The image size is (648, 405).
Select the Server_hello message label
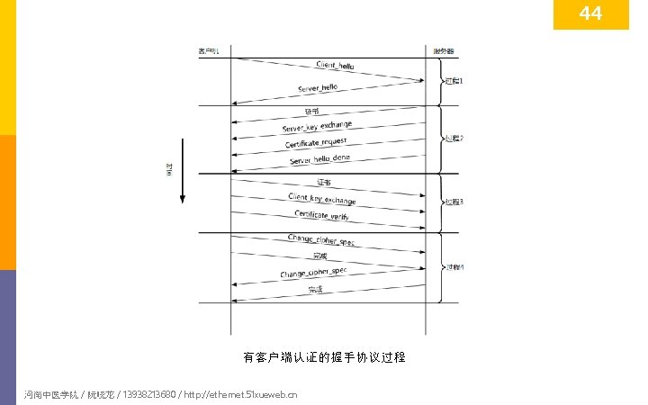tap(318, 87)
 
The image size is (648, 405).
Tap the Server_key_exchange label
tap(317, 127)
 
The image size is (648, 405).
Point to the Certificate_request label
tap(316, 143)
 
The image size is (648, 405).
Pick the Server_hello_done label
tap(319, 158)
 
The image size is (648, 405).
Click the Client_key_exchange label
tap(321, 198)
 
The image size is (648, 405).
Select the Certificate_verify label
tap(321, 216)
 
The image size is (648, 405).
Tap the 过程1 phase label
tap(454, 81)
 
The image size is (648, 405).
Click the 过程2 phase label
tap(454, 139)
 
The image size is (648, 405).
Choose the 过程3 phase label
tap(454, 202)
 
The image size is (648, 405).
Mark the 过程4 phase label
tap(454, 267)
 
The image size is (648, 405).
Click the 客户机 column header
tap(209, 50)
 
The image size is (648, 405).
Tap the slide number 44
tap(590, 14)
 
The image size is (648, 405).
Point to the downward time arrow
tap(182, 171)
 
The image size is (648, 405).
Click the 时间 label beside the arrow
tap(168, 170)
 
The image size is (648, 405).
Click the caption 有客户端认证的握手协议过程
tap(324, 357)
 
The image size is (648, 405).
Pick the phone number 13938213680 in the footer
tap(144, 394)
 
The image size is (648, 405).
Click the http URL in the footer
tap(240, 394)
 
